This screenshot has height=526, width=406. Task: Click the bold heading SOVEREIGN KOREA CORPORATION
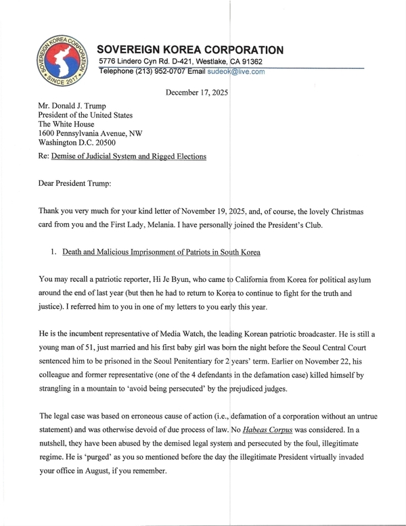190,50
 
